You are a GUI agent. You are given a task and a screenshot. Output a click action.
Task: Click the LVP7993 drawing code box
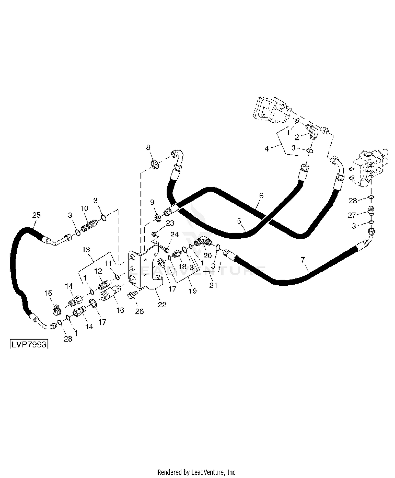(29, 344)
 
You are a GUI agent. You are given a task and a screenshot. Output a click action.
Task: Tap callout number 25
(36, 215)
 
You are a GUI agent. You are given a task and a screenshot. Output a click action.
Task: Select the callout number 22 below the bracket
(162, 304)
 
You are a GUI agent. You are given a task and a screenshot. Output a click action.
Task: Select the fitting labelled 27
(371, 211)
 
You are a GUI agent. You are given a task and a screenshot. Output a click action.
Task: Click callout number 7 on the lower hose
(303, 260)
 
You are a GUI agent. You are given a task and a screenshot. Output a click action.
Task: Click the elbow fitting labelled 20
(203, 241)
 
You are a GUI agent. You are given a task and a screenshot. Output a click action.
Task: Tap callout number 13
(86, 249)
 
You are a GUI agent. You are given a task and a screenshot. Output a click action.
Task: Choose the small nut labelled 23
(155, 233)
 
